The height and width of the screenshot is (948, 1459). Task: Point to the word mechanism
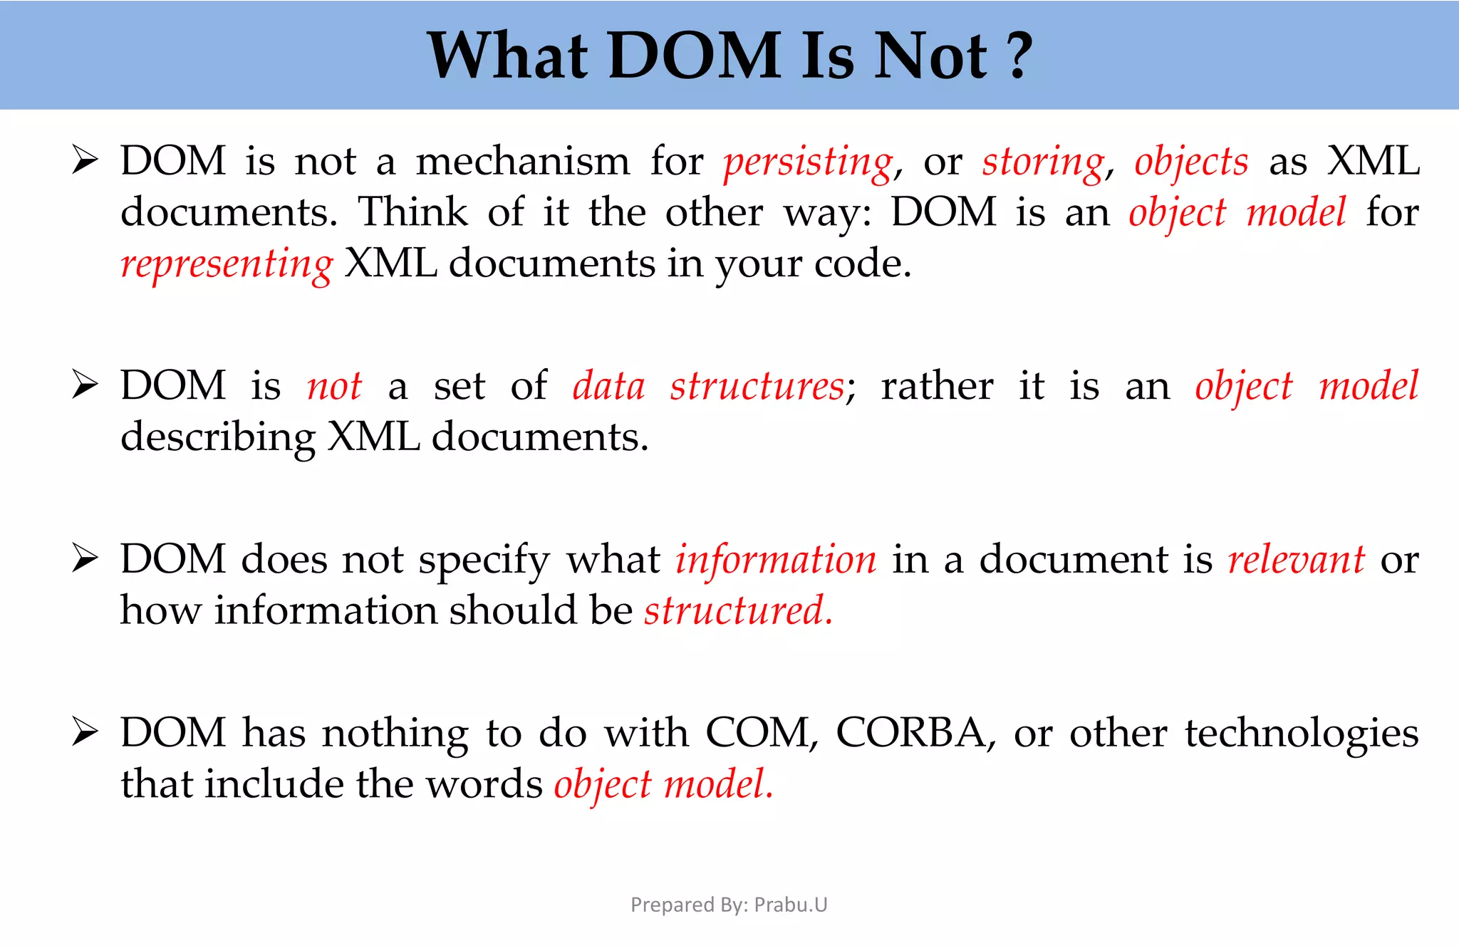pos(523,161)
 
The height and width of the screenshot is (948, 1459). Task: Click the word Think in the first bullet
pos(412,212)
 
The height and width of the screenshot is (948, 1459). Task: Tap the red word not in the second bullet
pos(334,387)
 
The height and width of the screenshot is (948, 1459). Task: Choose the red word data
pos(609,386)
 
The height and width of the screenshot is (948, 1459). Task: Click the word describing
pos(218,438)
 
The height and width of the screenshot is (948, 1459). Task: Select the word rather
pos(937,387)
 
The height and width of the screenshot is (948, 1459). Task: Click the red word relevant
pos(1297,560)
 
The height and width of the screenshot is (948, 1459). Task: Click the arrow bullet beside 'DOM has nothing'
pos(85,733)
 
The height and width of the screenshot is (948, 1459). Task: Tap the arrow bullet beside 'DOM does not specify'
pos(85,559)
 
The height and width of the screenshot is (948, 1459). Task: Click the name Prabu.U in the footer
pos(791,905)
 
